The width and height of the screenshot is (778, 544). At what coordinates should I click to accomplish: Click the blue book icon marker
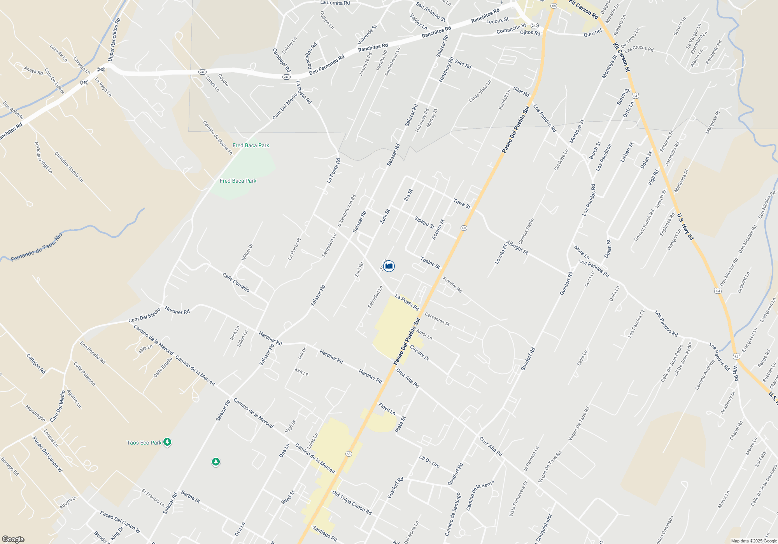[x=389, y=266]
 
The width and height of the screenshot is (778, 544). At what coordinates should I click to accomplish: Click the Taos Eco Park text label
[x=144, y=443]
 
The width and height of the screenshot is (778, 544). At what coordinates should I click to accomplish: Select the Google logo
[x=13, y=539]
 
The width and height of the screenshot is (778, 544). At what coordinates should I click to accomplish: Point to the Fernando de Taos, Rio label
[x=37, y=248]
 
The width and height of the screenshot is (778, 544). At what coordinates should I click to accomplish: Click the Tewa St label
[x=462, y=204]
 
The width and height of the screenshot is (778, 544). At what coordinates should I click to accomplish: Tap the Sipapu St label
[x=424, y=222]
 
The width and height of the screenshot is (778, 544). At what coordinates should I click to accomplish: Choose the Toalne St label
[x=430, y=263]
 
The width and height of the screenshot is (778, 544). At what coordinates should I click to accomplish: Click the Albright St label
[x=517, y=248]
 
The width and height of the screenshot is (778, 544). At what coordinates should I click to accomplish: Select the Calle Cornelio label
[x=236, y=282]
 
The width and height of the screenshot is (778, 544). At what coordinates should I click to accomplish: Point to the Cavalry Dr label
[x=419, y=353]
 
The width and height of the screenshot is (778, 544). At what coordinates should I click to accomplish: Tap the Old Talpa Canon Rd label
[x=352, y=502]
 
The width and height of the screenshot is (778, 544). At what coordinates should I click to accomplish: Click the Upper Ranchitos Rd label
[x=114, y=39]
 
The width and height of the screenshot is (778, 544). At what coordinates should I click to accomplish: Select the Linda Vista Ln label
[x=480, y=91]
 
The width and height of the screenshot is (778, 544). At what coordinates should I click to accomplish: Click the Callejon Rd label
[x=36, y=363]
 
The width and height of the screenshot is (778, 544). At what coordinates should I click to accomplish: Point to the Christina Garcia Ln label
[x=68, y=167]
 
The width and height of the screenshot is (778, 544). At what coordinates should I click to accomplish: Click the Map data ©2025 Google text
[x=753, y=541]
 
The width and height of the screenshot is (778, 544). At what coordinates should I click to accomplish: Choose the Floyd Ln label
[x=387, y=408]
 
